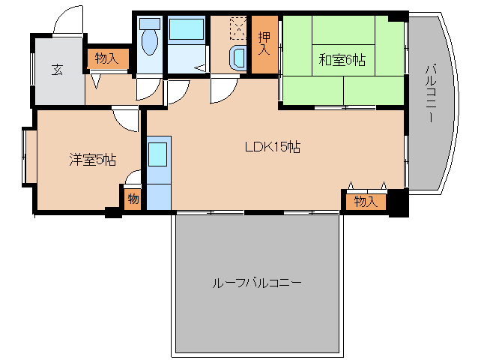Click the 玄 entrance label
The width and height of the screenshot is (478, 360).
click(57, 70)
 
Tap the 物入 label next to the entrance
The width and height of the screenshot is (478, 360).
click(106, 58)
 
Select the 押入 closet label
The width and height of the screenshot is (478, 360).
click(264, 44)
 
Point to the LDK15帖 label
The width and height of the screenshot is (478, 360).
click(272, 147)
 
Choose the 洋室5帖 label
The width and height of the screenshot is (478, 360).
click(92, 159)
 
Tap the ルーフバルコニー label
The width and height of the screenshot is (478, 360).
click(257, 283)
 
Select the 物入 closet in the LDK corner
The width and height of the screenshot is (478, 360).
click(365, 201)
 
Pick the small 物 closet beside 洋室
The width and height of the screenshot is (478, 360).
click(133, 199)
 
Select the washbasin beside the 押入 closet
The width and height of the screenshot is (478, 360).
click(238, 57)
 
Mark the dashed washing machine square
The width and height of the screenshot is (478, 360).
click(238, 28)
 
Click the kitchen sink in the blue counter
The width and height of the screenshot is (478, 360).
click(158, 154)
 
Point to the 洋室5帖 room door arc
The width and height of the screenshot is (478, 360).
click(126, 118)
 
